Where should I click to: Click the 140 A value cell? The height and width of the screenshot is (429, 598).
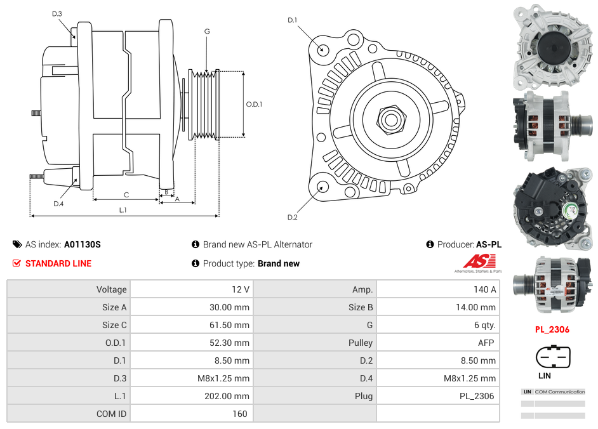pos(485,289)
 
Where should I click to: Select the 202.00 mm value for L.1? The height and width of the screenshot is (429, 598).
pos(231,396)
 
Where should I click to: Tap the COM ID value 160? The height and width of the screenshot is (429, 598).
pos(239,414)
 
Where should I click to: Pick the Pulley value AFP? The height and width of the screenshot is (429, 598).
pos(486,343)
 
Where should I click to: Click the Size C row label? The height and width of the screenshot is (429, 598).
pos(114,325)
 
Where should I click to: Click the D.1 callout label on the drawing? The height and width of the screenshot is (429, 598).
pos(292,20)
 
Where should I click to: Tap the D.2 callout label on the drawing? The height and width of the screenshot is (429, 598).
pos(292,218)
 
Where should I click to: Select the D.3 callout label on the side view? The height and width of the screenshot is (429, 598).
pos(57,13)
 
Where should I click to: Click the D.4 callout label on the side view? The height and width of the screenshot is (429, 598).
pos(58,204)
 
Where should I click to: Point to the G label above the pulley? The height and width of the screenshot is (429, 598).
pos(207,31)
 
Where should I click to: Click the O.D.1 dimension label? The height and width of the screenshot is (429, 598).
pos(254,105)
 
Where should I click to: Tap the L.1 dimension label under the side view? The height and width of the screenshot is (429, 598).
pos(123,210)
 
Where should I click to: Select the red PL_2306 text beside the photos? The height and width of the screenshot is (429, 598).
pos(552,329)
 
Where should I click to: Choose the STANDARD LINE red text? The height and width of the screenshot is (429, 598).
pos(58,263)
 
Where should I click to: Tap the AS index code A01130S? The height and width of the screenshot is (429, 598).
pos(83,244)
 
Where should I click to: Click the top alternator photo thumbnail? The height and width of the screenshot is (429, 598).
pos(552,46)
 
